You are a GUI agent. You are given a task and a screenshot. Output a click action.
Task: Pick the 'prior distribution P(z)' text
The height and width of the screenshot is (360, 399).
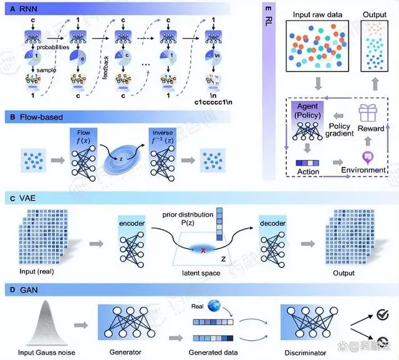click(198, 220)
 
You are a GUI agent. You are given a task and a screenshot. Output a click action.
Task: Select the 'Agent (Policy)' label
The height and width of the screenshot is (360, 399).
click(306, 110)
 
